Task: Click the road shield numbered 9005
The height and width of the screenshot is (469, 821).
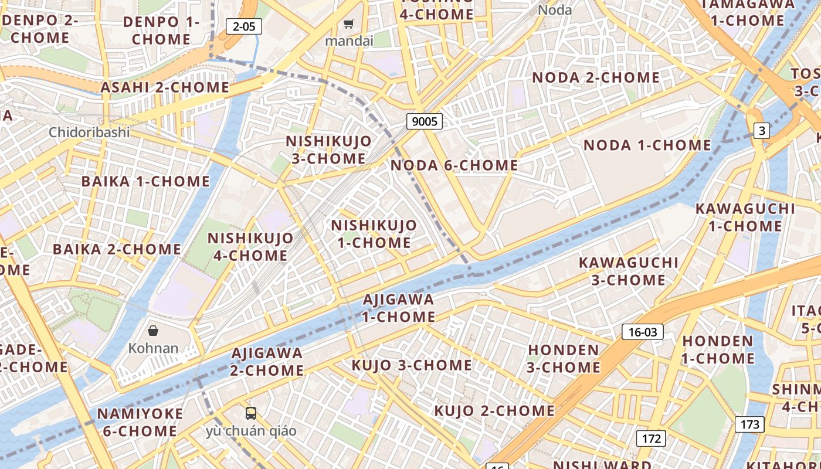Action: coord(425,121)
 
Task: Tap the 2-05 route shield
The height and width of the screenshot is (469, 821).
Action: coord(243,26)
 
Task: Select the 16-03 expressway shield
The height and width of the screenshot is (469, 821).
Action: coord(643,332)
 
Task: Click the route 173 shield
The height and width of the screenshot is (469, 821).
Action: coord(749,424)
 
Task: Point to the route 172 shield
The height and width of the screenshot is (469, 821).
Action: coord(651,438)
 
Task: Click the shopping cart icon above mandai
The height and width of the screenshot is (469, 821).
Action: coord(349,24)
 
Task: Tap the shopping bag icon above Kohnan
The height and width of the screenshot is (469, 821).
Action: coord(153,331)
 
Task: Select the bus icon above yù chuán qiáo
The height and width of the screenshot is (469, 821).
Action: coord(251,413)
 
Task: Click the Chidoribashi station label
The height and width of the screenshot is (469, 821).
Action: coord(89,132)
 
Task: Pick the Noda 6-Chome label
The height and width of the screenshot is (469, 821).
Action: coord(454,165)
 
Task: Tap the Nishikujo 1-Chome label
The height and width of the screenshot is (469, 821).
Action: coord(374,233)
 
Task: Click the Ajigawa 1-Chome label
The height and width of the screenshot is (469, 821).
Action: coord(399,308)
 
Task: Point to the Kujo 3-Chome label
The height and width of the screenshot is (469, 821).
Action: coord(412,365)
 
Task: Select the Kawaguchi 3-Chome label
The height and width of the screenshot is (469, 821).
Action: coord(629,271)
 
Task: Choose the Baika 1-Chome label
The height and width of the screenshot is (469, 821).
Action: coord(145,181)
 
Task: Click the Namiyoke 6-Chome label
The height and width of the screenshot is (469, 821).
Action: coord(140,422)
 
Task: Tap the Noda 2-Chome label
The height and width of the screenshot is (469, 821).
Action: coord(596,77)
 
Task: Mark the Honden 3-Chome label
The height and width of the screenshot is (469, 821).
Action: coord(563,359)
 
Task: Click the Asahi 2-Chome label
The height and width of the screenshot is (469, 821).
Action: coord(165,87)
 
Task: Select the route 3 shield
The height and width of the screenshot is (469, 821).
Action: coord(761,131)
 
